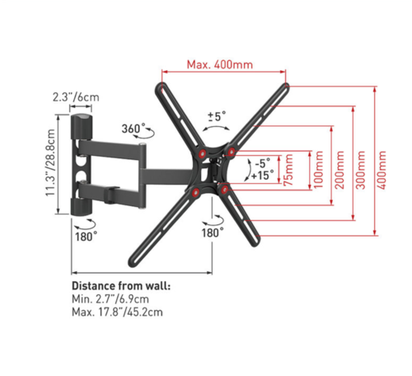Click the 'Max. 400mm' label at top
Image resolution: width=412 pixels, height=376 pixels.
tap(220, 65)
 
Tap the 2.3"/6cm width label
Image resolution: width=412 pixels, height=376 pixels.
tap(76, 97)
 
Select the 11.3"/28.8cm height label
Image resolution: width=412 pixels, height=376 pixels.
tap(50, 162)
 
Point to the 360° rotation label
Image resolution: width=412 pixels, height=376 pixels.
tap(133, 129)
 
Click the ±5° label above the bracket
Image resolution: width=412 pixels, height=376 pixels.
tap(217, 116)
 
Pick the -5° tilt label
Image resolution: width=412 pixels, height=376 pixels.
tap(263, 163)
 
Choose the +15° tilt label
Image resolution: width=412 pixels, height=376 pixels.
tap(263, 175)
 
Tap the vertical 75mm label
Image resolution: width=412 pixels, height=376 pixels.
tap(288, 170)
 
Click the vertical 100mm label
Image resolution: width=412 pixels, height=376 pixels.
tap(319, 170)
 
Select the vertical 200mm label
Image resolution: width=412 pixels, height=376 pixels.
tap(340, 170)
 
